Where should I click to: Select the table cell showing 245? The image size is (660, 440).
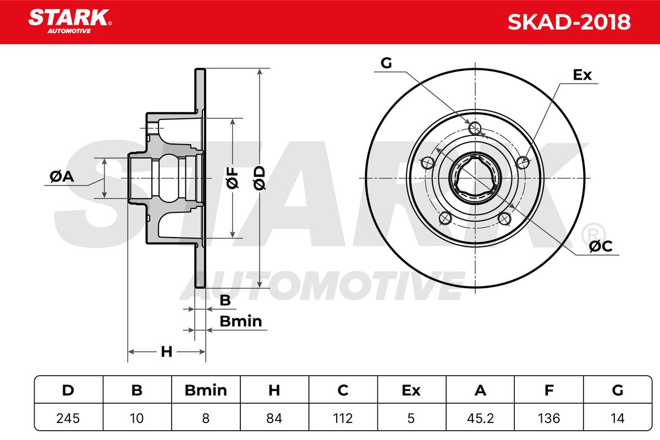click(x=68, y=418)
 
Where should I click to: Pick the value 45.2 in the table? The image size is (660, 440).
click(x=480, y=418)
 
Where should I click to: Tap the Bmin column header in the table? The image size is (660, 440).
click(x=206, y=391)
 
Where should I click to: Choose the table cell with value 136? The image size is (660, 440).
click(x=549, y=418)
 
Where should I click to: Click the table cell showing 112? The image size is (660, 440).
click(x=343, y=418)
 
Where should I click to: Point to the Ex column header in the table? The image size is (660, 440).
click(x=411, y=391)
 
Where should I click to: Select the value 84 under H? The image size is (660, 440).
click(x=274, y=418)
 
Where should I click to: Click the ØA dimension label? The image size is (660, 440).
click(x=61, y=177)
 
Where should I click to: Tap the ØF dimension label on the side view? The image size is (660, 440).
click(x=233, y=178)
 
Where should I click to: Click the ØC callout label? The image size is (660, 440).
click(x=600, y=247)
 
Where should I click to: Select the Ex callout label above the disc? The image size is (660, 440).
click(x=582, y=75)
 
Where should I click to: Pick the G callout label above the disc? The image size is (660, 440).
click(x=386, y=63)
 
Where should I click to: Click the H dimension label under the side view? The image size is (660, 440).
click(x=167, y=351)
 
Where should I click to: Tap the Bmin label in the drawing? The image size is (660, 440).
click(x=240, y=321)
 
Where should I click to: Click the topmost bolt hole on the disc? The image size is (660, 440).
click(x=475, y=128)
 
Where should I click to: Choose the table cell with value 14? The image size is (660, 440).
click(x=618, y=418)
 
